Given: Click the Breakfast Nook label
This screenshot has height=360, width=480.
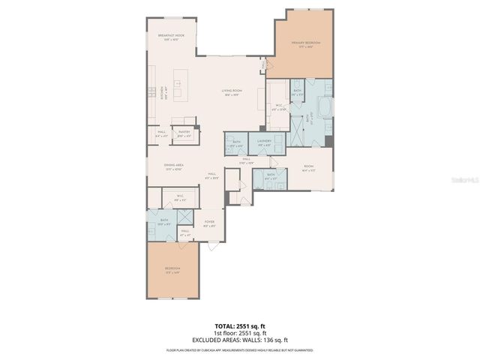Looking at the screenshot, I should coord(172,37).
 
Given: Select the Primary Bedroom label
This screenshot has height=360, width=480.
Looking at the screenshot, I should coord(305,44).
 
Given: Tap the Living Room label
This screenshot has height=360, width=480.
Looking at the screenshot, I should coord(231,92).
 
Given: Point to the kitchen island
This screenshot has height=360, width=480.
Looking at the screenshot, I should coord(181,85).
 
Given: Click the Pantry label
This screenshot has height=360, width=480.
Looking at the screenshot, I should coord(183,133).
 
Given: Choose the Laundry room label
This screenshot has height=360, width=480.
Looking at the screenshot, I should coord(264,142).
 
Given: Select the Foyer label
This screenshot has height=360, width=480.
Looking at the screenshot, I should coord(209,223).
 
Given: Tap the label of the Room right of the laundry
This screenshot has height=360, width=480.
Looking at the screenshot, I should coord(308,166).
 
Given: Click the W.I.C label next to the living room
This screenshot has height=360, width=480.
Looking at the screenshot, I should coord(278,106).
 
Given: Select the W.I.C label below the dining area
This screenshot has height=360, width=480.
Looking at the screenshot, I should coord(180,199).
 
